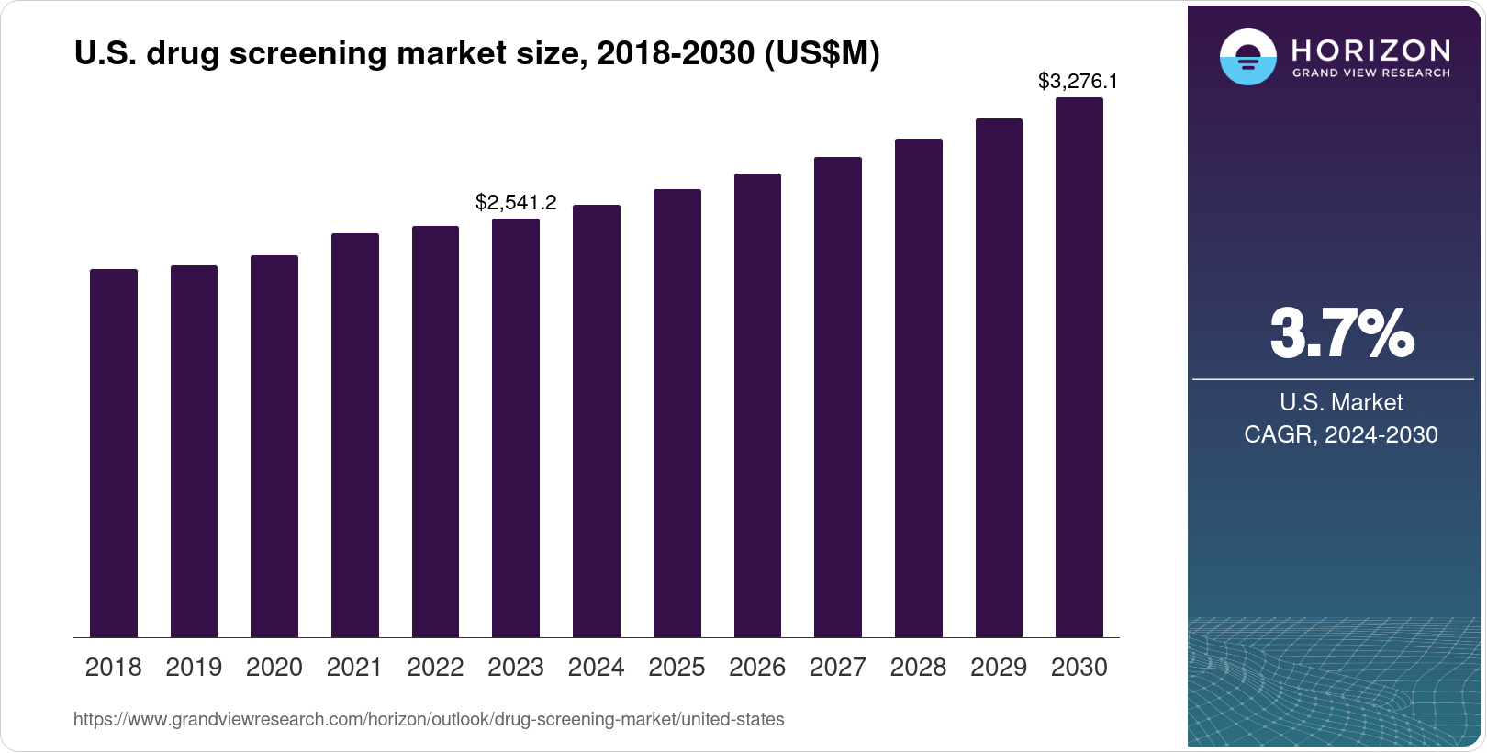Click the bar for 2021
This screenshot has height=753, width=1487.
354,435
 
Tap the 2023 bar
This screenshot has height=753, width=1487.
516,428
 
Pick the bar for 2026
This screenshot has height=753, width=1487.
757,405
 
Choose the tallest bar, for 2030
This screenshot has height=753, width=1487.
1079,367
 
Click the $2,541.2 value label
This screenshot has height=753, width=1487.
516,202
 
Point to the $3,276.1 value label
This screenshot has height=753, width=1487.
1078,81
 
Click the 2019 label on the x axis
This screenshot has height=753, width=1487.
194,668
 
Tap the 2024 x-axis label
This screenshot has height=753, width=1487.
596,668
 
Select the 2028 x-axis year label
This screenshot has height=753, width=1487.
918,668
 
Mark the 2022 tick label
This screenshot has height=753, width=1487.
435,668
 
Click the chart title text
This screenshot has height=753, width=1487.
476,54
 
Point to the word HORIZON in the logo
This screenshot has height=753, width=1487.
1370,50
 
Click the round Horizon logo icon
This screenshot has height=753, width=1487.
1247,57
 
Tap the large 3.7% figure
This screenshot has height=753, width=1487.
1341,333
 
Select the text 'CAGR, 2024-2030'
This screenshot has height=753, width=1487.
1340,434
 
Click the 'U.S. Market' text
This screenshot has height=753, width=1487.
1341,402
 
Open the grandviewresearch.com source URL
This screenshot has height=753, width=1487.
429,719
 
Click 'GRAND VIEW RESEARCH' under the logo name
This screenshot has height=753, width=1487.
1370,73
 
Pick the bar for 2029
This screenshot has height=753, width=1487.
999,377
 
